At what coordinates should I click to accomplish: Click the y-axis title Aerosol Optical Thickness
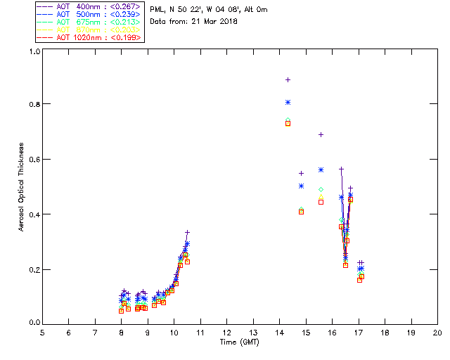pos(22,188)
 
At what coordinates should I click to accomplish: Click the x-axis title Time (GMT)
pos(239,342)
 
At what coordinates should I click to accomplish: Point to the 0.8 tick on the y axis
pos(32,104)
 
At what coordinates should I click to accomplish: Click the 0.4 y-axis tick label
pos(32,214)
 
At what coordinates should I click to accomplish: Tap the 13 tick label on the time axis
pos(253,332)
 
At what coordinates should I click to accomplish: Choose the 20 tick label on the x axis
pos(437,332)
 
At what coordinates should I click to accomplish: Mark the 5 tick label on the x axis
pos(42,332)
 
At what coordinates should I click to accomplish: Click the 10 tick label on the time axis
pos(174,332)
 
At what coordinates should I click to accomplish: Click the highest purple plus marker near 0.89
pos(288,80)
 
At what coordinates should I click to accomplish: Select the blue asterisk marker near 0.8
pos(288,103)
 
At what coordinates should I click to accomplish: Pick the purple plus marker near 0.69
pos(321,134)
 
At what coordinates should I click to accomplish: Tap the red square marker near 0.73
pos(288,123)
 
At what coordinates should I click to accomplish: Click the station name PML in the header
pos(157,10)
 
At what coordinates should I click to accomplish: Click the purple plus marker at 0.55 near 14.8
pos(301,173)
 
